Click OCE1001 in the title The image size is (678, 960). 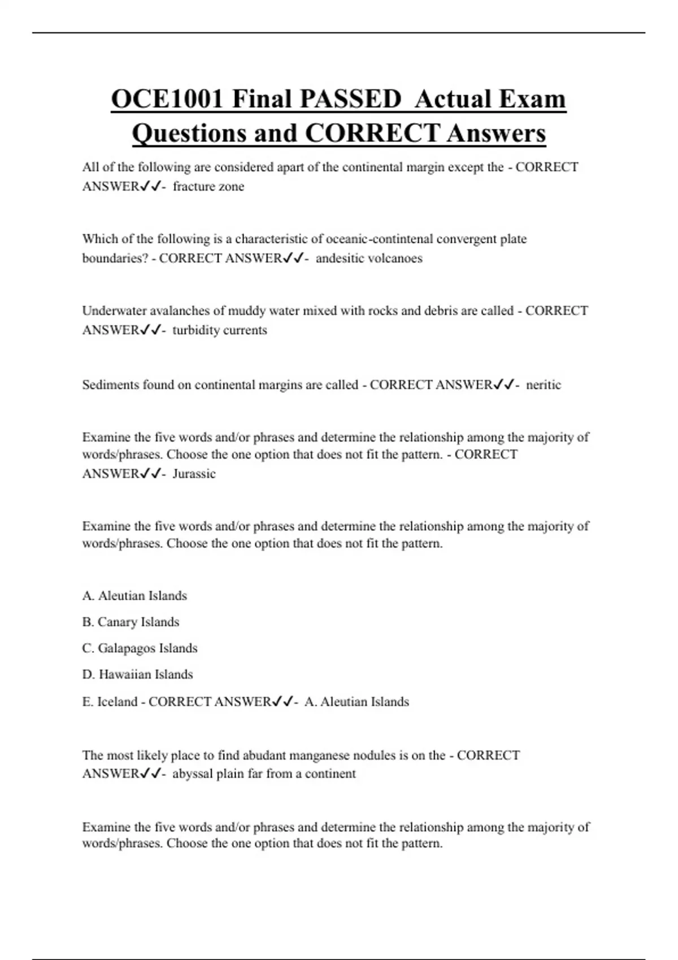point(167,99)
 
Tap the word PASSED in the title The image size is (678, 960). point(350,99)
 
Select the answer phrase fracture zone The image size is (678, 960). point(208,186)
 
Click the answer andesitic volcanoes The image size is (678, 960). point(369,258)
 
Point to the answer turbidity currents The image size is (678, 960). point(220,330)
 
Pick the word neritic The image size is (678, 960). point(544,385)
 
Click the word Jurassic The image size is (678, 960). point(194,473)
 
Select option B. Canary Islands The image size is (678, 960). point(131,622)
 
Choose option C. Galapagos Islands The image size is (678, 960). point(140,648)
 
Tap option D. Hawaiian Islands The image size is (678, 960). point(137,674)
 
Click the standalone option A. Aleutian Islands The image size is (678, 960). point(134,595)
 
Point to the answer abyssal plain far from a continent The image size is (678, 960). point(264,774)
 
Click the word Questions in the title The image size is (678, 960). point(189,134)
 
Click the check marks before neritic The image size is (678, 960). point(503,385)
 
